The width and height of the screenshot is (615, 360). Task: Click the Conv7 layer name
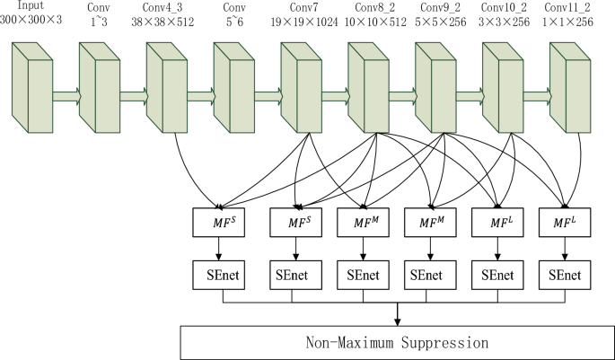click(x=301, y=5)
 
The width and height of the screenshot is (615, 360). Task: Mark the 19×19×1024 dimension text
click(x=301, y=20)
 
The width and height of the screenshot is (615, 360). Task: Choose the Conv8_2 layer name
click(x=368, y=5)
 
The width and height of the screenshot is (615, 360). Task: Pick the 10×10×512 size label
click(x=368, y=20)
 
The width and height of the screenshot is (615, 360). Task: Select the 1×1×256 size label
click(x=572, y=20)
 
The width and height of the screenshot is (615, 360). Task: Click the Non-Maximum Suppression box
click(x=396, y=342)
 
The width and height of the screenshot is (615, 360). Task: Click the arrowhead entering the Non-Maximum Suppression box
click(x=396, y=320)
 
